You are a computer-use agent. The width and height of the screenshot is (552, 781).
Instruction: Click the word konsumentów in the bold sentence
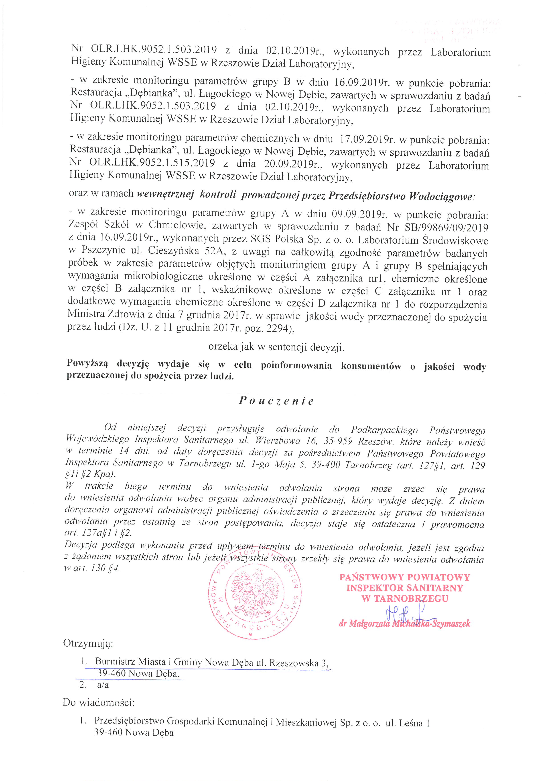tap(371, 366)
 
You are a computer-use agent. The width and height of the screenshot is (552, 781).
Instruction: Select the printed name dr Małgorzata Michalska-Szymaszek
tap(404, 624)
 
